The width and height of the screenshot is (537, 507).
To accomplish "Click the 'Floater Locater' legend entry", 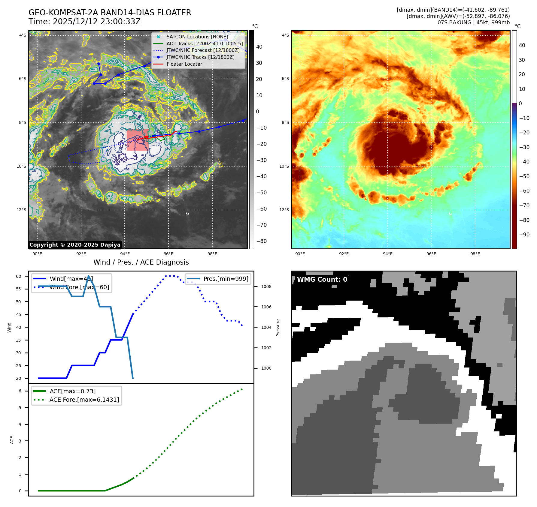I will click(x=184, y=64).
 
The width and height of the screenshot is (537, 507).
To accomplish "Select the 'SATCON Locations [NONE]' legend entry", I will click(x=197, y=37).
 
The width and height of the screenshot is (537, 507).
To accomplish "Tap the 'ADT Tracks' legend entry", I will click(x=205, y=43).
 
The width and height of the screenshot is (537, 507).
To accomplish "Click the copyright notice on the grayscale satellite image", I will click(x=75, y=245).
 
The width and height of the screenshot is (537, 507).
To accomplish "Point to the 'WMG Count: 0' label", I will click(x=322, y=280).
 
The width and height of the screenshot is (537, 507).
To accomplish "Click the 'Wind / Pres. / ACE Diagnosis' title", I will click(x=141, y=262).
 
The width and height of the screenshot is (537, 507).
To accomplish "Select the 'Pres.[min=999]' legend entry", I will click(x=226, y=279).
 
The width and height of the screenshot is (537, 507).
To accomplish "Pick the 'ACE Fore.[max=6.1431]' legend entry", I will click(x=84, y=400).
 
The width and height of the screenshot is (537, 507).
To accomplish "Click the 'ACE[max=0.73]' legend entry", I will click(x=73, y=391).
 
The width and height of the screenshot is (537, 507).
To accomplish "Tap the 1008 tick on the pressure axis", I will click(x=266, y=286).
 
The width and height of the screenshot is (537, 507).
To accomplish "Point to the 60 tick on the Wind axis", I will click(x=19, y=276).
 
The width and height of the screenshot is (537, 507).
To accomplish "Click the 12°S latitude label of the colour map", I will click(x=284, y=210).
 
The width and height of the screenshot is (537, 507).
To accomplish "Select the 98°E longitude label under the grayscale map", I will click(x=212, y=254).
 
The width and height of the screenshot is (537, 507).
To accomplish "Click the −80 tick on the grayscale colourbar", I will click(x=261, y=241).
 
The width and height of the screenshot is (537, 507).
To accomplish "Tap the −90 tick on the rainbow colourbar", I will click(x=524, y=235).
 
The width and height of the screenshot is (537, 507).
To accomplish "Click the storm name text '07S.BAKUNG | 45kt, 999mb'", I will click(x=473, y=22).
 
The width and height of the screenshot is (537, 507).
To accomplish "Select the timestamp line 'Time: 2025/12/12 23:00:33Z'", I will click(x=84, y=22).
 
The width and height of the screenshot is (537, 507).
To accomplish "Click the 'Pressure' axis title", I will click(x=278, y=328).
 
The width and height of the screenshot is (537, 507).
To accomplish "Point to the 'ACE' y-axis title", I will click(x=12, y=440).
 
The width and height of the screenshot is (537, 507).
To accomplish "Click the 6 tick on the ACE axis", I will click(x=20, y=391).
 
